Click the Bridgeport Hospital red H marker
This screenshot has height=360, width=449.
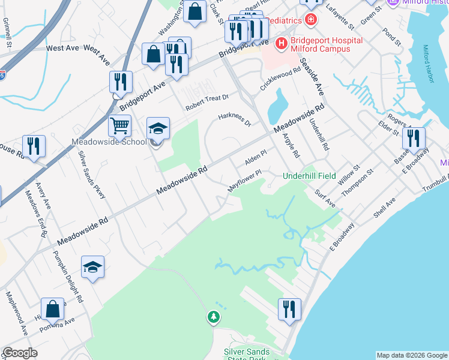(x=280, y=43)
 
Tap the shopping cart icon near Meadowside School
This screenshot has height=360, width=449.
(x=120, y=125)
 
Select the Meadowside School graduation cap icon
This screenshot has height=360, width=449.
(x=158, y=128)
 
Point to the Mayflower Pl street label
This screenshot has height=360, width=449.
(x=246, y=180)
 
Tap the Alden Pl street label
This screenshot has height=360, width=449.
(x=255, y=158)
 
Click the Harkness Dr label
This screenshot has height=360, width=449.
(x=235, y=119)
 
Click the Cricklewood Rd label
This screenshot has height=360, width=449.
(x=280, y=79)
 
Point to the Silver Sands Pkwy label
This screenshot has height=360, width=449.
(x=92, y=175)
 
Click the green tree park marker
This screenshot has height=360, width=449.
(x=212, y=316)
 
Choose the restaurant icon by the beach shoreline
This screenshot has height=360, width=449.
(x=289, y=310)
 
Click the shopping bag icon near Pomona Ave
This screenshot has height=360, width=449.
(x=53, y=309)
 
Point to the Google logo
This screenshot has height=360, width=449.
(x=20, y=353)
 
